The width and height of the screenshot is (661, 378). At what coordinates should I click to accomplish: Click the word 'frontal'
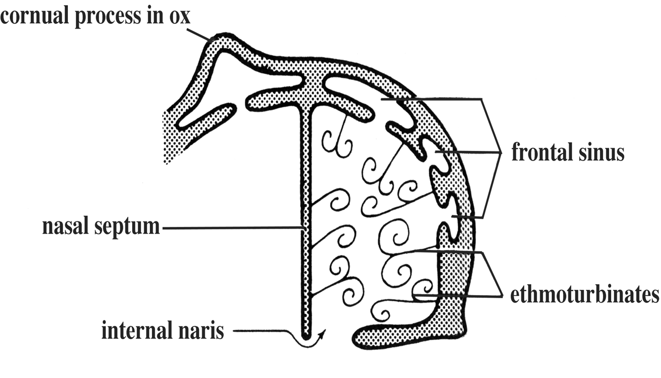[x=541, y=153]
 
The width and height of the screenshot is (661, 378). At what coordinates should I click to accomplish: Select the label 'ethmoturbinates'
[x=584, y=295]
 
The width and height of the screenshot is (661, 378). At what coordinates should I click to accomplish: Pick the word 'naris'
[x=203, y=330]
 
